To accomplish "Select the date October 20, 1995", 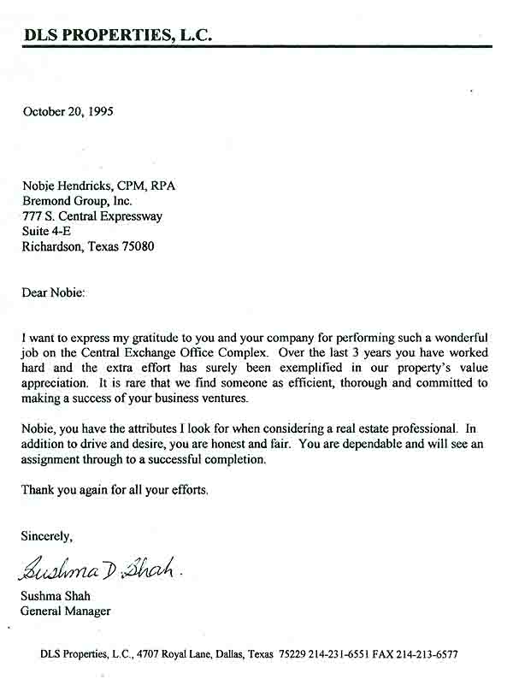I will coord(68,111).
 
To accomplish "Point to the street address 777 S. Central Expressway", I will coord(92,216).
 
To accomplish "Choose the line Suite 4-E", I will coord(46,231).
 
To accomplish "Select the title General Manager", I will coord(66,611).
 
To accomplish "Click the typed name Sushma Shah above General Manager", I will coord(54,596).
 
